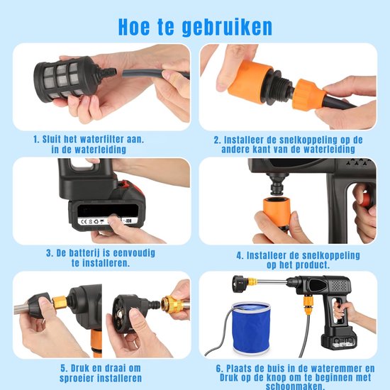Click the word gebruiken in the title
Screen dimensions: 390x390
click(x=227, y=28)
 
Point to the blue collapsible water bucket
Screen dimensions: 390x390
click(x=250, y=328)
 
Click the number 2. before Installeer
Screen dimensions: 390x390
click(x=218, y=140)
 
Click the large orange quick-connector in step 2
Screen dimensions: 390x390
click(x=248, y=81)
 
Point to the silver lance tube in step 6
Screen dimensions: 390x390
click(x=271, y=282)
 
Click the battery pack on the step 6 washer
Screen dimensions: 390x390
click(x=340, y=340)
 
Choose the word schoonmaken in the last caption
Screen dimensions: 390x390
click(x=295, y=386)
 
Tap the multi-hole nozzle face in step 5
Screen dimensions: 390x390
click(x=120, y=310)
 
